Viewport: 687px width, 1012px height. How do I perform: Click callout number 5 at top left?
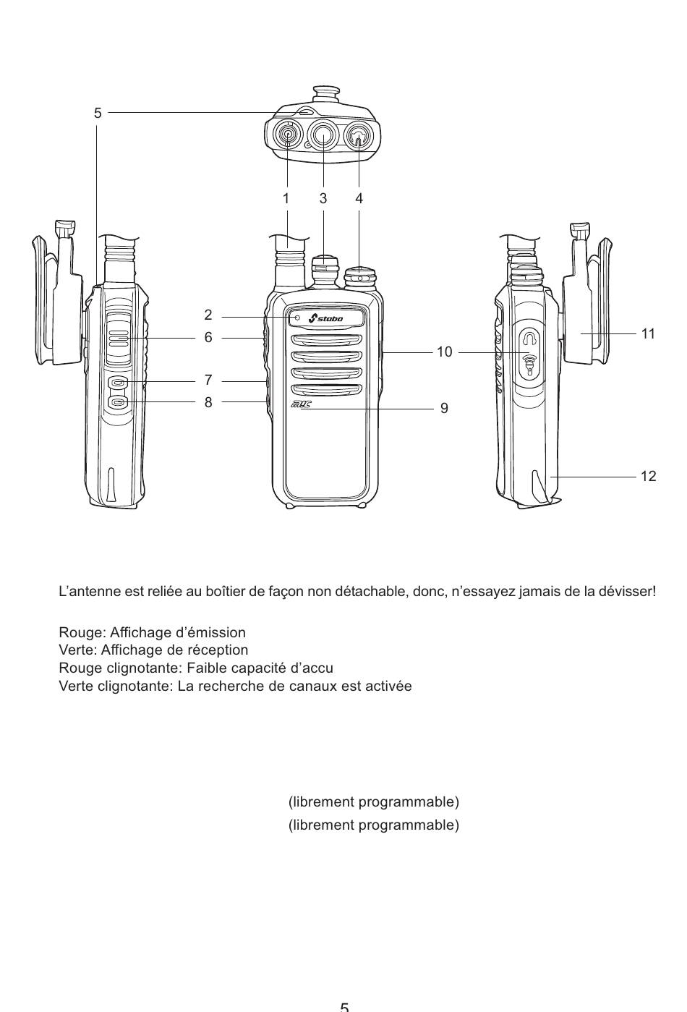pos(98,113)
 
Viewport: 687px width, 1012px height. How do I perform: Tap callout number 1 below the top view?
pos(286,197)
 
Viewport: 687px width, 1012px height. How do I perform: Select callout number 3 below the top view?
pos(323,197)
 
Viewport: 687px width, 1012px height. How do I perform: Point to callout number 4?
pos(359,197)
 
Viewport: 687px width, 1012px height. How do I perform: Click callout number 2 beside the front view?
pos(208,315)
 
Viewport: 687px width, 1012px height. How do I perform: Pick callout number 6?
pos(208,337)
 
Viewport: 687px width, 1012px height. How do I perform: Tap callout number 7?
pos(208,380)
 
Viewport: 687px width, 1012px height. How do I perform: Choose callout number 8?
pos(208,401)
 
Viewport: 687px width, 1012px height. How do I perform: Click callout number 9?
pos(444,409)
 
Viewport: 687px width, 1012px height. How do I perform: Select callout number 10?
pos(444,352)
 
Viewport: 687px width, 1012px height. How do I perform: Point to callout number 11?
pos(648,333)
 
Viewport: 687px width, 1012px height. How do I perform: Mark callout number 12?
pos(648,476)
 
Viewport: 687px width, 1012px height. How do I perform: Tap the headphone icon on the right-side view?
pos(531,339)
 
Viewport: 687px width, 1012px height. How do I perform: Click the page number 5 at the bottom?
pos(344,1006)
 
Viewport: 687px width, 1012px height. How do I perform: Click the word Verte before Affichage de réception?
pos(74,650)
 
